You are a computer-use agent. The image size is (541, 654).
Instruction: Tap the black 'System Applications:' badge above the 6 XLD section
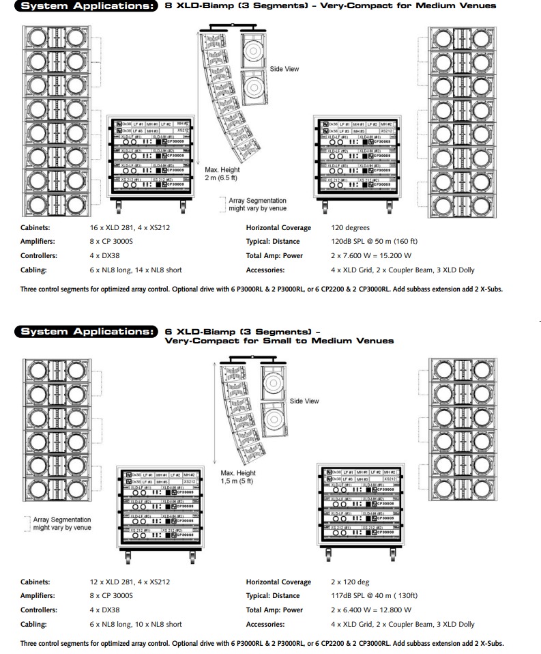[x=87, y=332]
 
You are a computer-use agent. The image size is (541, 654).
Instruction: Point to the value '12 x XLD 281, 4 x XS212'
[x=130, y=582]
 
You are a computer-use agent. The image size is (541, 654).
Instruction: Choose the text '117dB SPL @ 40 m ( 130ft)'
[x=374, y=596]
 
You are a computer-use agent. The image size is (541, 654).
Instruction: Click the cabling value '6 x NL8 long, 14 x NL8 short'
[x=136, y=270]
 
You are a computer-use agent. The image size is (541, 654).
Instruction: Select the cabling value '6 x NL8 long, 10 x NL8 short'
[x=136, y=624]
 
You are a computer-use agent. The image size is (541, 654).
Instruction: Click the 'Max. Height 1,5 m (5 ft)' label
[x=237, y=477]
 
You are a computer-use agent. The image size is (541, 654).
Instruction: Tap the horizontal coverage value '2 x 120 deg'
[x=349, y=582]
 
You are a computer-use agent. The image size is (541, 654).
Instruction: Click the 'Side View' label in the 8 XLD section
[x=284, y=69]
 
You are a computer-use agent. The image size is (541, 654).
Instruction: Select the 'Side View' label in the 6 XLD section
[x=304, y=401]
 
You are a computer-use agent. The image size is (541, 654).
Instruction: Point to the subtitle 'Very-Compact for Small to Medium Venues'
[x=279, y=341]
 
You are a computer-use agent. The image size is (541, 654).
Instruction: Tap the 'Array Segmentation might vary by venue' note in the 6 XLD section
[x=62, y=524]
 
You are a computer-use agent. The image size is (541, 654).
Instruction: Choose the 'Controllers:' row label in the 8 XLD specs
[x=39, y=256]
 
